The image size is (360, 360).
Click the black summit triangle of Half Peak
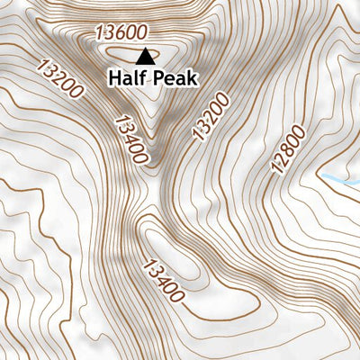point(145,57)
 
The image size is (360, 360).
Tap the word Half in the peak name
point(125,78)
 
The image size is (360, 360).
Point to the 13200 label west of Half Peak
point(61,78)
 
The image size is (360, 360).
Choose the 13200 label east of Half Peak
point(206,115)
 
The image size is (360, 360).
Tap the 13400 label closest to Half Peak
point(130,139)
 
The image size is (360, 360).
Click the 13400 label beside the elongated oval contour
point(165,279)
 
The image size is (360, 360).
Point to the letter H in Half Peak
point(114,78)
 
